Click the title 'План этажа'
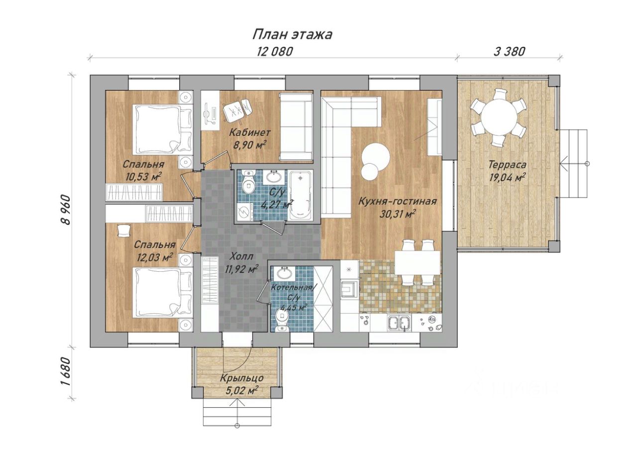coord(292,35)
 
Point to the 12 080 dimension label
coord(275,52)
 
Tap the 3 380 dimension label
coord(509,52)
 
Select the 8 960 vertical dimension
coord(67,210)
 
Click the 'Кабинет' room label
coord(250,132)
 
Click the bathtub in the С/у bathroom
coord(301,195)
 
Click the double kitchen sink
coord(399,323)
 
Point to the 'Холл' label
coord(241,256)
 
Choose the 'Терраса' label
coord(507,164)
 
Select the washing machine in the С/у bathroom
coord(244,212)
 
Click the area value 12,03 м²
coord(155,257)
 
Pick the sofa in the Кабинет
coord(296,126)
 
